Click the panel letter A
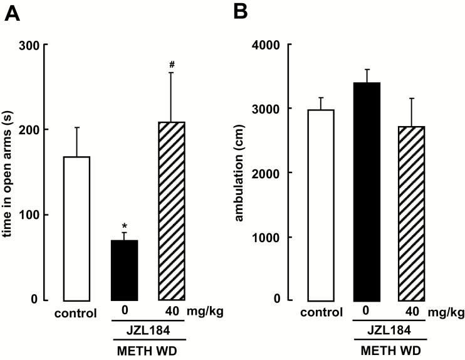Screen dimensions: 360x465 13,11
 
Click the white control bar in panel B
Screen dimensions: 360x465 321,204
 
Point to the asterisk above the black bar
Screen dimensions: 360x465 124,226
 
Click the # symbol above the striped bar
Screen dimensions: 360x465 170,63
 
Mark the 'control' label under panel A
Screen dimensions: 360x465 76,312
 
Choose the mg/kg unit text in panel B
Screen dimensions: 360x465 446,312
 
